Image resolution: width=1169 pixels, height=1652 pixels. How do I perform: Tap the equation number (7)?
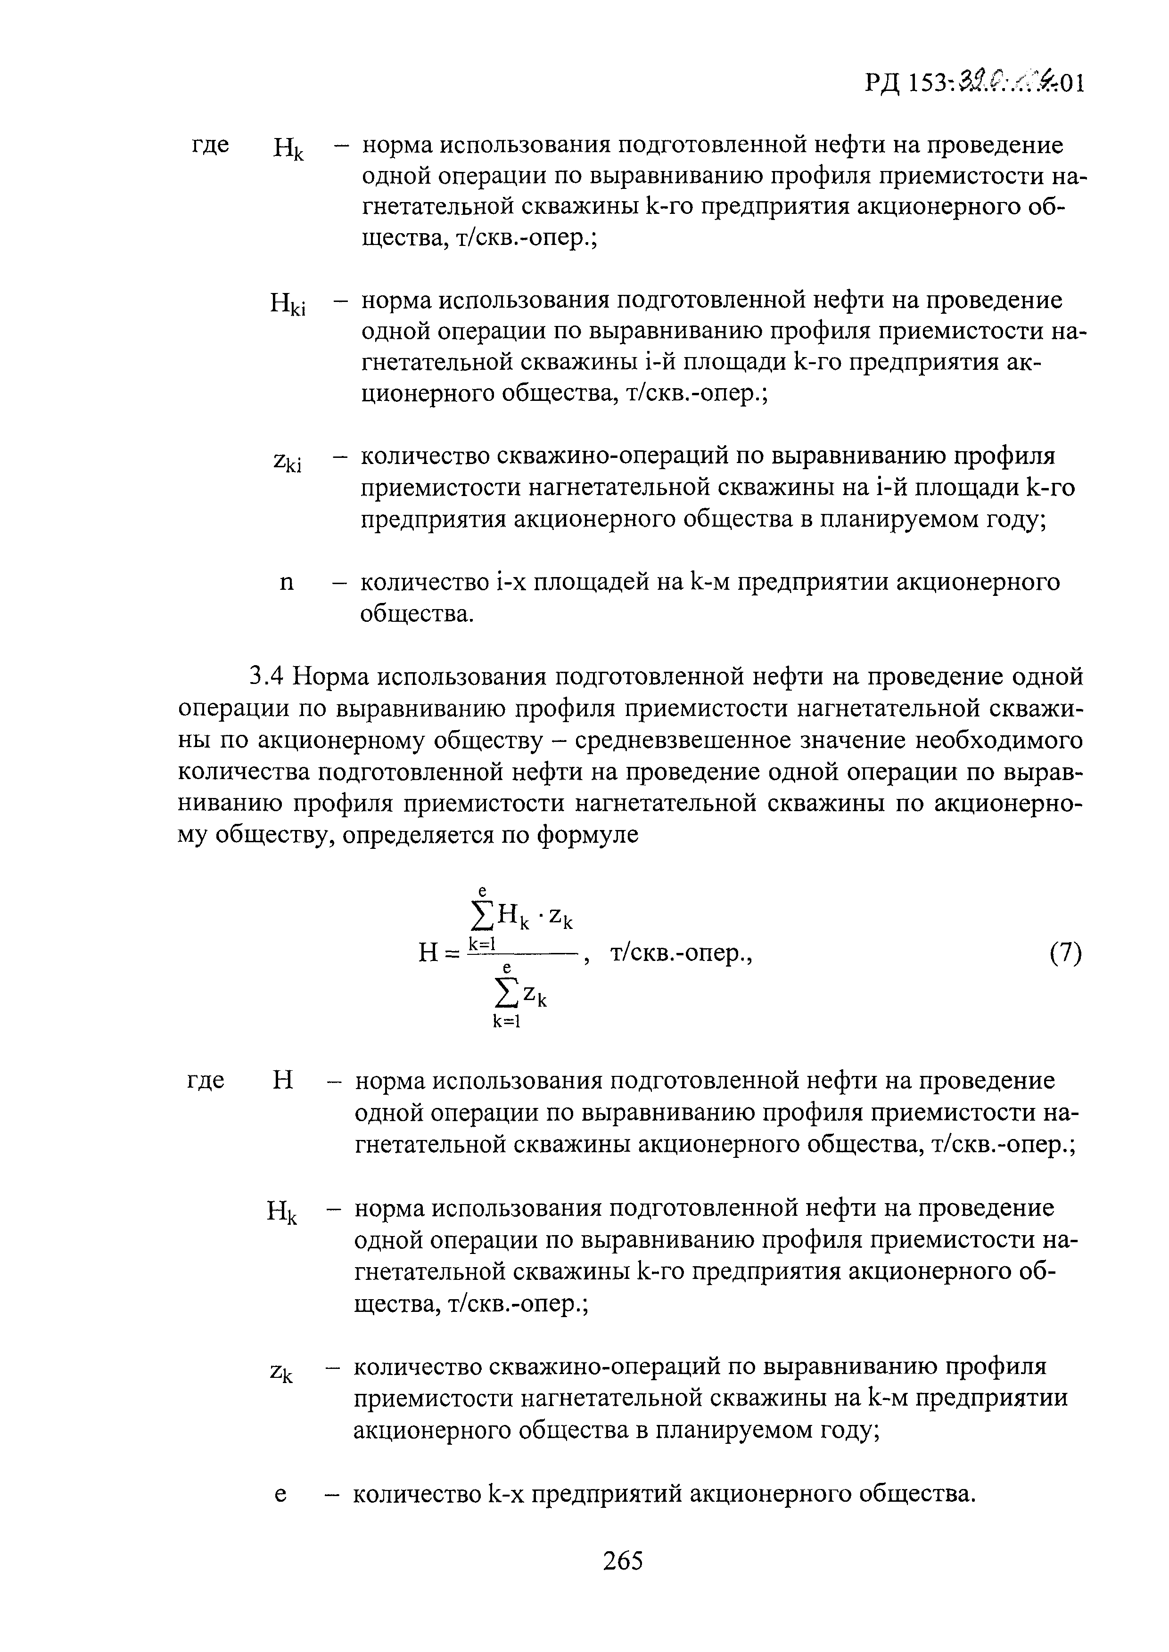1065,954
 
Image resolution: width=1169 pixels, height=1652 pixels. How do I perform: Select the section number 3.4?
267,677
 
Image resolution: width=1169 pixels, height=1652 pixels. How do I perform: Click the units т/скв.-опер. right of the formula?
680,954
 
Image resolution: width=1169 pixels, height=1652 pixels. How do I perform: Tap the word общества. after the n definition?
416,614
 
